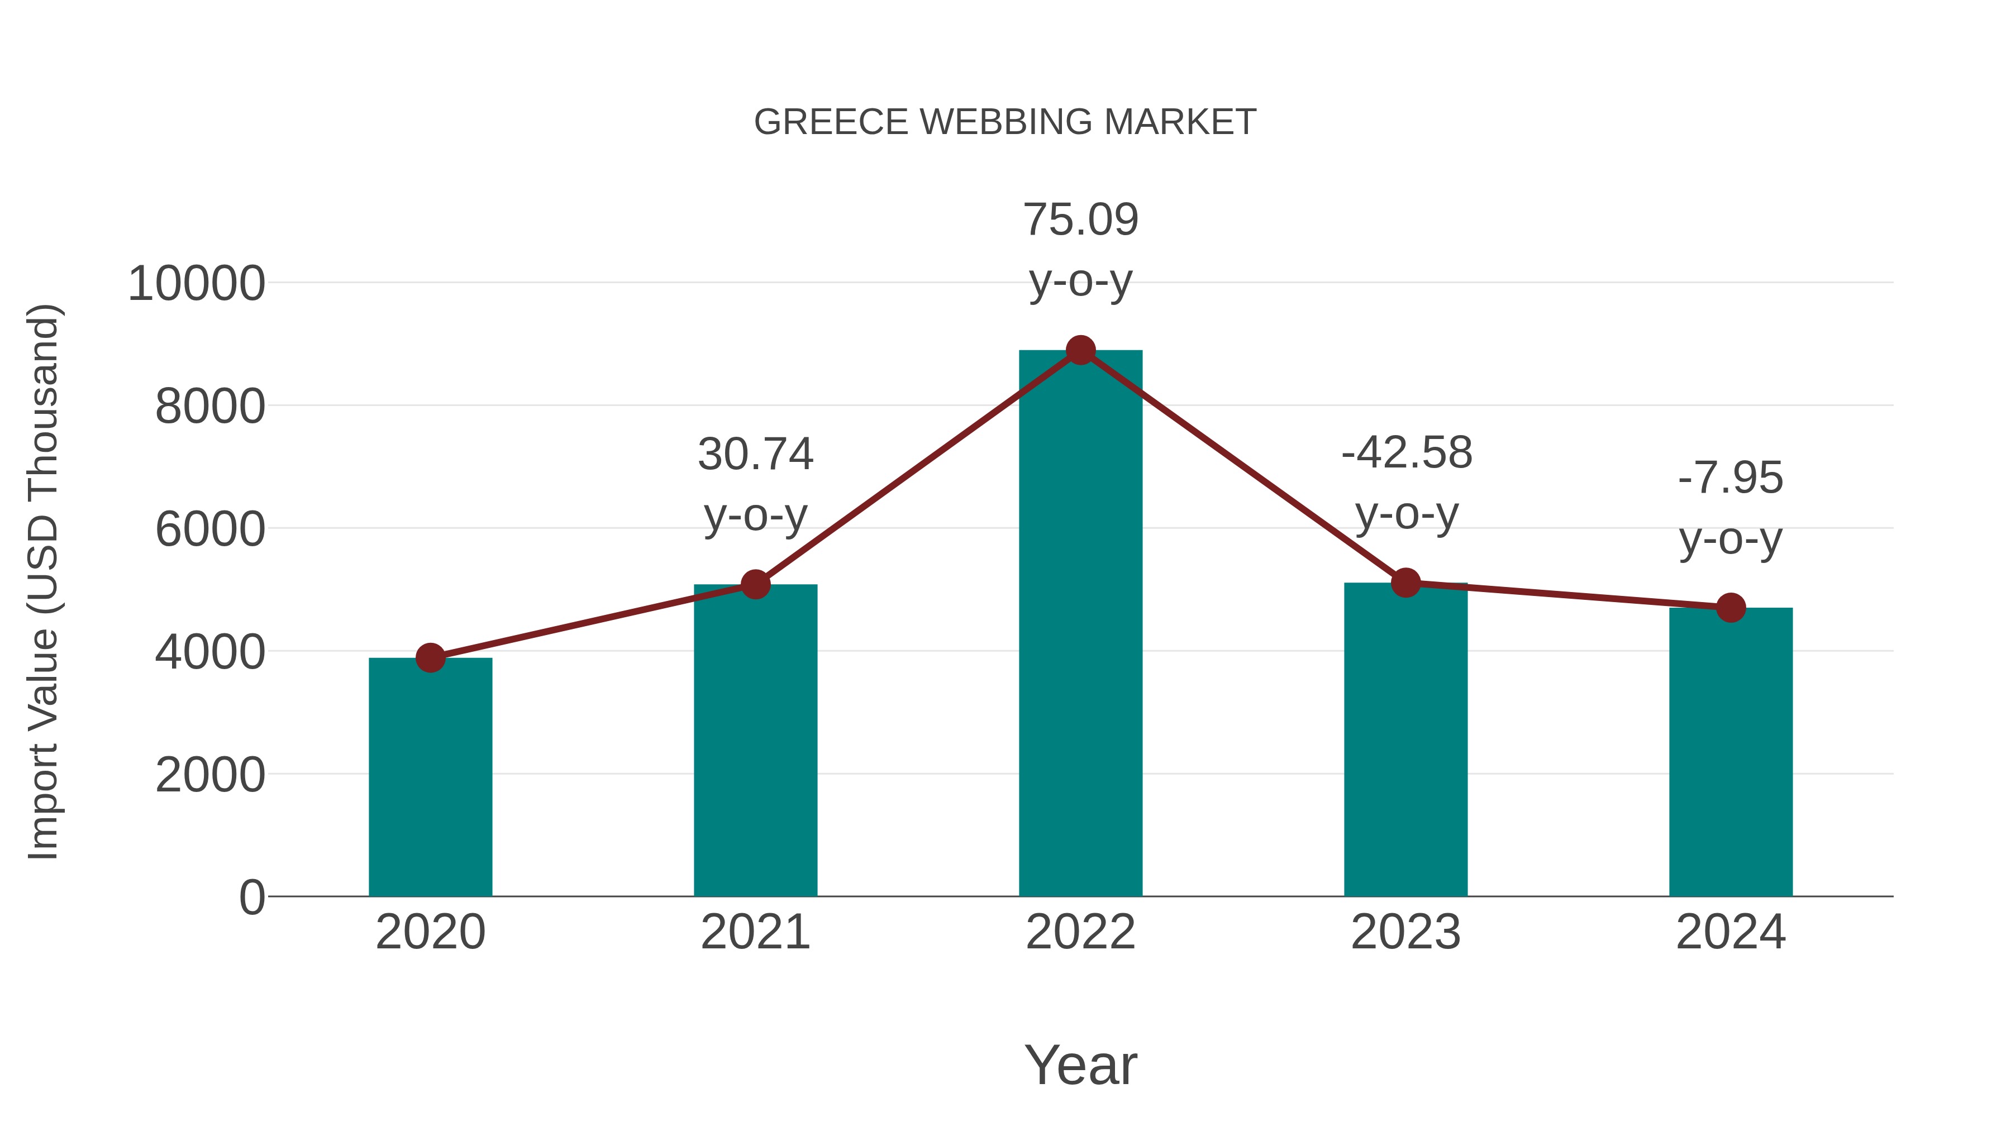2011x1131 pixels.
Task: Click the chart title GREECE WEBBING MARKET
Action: pyautogui.click(x=1005, y=122)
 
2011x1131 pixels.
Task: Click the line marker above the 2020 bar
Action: pyautogui.click(x=430, y=658)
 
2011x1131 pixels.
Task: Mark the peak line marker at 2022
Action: pyautogui.click(x=1080, y=350)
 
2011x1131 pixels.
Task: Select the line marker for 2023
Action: pyautogui.click(x=1405, y=583)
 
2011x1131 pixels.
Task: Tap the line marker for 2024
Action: pyautogui.click(x=1731, y=607)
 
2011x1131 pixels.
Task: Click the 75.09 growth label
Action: pyautogui.click(x=1080, y=220)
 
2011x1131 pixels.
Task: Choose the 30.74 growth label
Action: pyautogui.click(x=755, y=454)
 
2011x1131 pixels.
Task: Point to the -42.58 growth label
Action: pyautogui.click(x=1406, y=453)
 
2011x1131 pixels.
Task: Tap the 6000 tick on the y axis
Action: pyautogui.click(x=210, y=529)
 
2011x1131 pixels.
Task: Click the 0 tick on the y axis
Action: pyautogui.click(x=251, y=897)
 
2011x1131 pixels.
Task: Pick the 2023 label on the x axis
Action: pyautogui.click(x=1405, y=932)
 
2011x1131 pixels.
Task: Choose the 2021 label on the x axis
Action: pyautogui.click(x=755, y=932)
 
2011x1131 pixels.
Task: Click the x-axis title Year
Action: pyautogui.click(x=1080, y=1065)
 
